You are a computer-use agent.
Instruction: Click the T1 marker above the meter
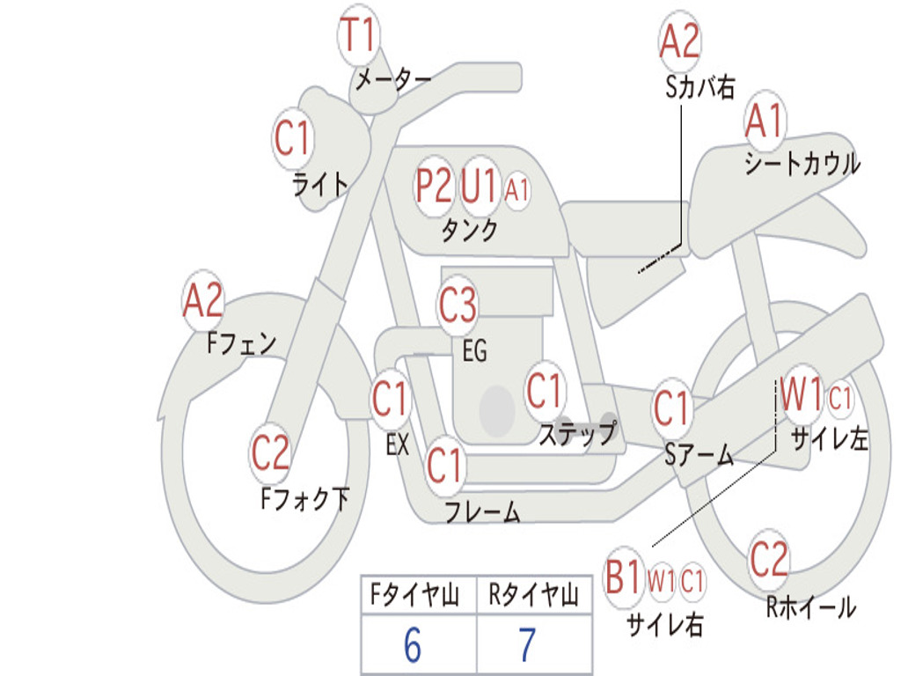point(358,34)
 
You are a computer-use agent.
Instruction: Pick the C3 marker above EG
point(458,304)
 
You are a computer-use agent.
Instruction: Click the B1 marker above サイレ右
point(623,577)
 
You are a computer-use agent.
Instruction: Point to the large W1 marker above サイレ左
point(801,395)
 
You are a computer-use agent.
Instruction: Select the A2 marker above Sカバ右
point(680,40)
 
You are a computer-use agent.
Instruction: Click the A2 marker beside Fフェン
point(203,300)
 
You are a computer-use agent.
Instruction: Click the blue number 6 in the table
point(413,645)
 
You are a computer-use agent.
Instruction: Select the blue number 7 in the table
point(527,645)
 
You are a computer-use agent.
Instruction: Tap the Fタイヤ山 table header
point(415,594)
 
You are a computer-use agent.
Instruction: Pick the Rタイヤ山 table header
point(533,594)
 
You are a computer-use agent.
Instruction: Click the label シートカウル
point(802,164)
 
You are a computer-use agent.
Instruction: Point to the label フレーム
point(483,511)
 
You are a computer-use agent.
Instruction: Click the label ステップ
point(578,433)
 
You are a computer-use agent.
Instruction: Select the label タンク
point(470,230)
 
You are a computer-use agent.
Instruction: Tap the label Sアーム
point(700,455)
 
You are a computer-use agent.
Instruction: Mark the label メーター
point(393,78)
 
